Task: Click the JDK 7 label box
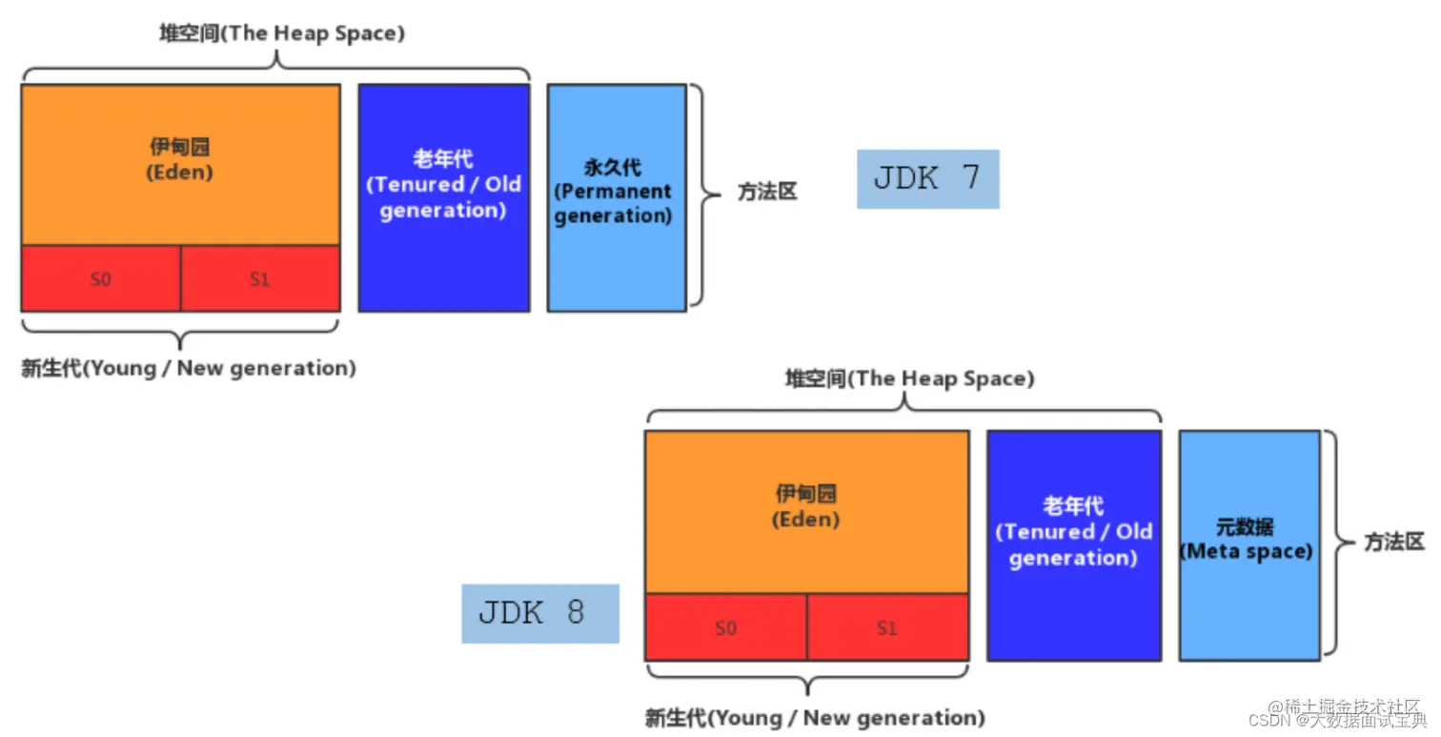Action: [x=927, y=178]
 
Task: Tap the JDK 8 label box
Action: [x=540, y=613]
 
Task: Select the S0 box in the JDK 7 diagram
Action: [x=101, y=279]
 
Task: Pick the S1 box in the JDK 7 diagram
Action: [x=260, y=279]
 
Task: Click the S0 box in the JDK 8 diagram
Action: [x=726, y=627]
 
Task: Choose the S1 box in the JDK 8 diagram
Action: [x=887, y=627]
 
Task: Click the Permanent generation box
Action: [x=616, y=197]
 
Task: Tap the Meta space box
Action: [x=1248, y=544]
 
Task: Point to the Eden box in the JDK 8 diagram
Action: [x=806, y=511]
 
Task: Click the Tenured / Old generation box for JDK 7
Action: [x=443, y=197]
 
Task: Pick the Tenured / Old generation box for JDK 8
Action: [x=1073, y=544]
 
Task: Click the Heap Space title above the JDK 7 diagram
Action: [x=281, y=33]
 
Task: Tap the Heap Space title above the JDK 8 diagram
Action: [x=909, y=379]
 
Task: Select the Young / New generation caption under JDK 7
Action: [x=188, y=368]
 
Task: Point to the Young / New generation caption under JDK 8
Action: [x=815, y=718]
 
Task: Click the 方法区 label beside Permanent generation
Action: [x=767, y=193]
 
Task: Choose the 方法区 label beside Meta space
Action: [x=1393, y=543]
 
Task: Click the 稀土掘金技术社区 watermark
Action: [x=1351, y=706]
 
